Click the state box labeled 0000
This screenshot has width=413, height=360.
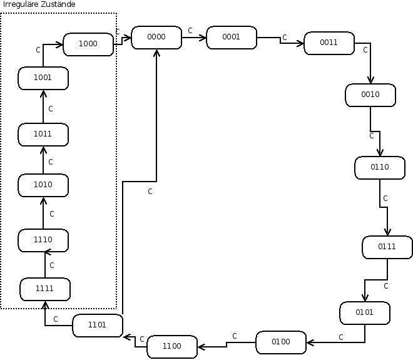156,38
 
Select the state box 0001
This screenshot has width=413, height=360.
232,38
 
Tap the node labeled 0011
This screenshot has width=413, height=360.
329,43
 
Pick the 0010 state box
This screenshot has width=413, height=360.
370,95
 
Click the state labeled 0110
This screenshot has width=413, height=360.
380,168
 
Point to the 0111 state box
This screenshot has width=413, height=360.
387,247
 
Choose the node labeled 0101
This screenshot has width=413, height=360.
365,312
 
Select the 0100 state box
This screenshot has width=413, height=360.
282,342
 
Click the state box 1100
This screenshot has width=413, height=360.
172,346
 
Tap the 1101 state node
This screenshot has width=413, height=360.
98,326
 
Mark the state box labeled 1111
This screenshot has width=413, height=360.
45,289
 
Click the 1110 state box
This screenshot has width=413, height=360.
43,240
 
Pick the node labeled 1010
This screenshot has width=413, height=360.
43,185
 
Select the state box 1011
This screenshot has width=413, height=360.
43,135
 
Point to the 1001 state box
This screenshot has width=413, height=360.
43,78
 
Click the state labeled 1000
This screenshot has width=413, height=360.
88,44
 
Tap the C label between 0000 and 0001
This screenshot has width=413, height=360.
190,30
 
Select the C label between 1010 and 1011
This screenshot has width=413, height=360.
51,162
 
